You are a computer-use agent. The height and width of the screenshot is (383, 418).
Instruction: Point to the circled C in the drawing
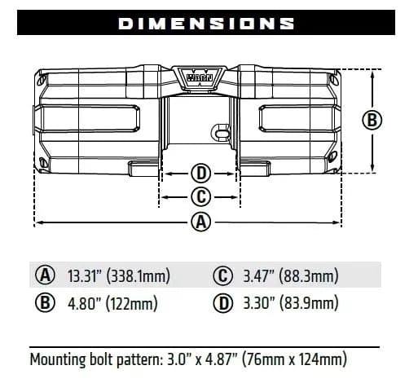pos(200,196)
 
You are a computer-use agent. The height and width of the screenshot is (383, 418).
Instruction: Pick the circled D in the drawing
pos(200,173)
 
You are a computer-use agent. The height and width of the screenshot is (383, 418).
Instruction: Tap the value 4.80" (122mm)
pos(111,304)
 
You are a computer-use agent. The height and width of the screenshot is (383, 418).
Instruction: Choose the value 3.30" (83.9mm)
pos(289,304)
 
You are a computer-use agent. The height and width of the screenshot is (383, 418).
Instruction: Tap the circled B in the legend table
pos(46,304)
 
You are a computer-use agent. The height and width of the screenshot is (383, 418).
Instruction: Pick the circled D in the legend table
pos(221,304)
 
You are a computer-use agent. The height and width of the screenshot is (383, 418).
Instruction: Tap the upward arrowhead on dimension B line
pos(372,73)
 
